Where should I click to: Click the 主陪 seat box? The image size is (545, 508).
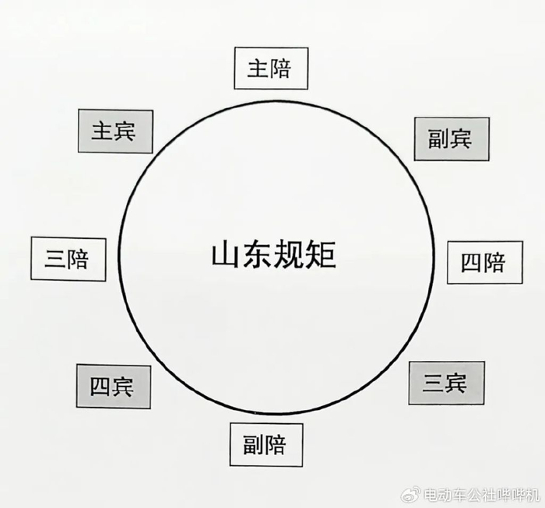click(x=269, y=68)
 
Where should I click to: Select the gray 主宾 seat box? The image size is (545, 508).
click(x=114, y=131)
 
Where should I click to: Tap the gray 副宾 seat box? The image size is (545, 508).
click(x=451, y=139)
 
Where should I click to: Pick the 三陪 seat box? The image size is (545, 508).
click(x=66, y=258)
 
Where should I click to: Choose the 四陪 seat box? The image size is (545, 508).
click(x=483, y=262)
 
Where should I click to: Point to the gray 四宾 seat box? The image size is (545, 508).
click(x=113, y=386)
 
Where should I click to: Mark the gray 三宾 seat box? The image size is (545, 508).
click(x=445, y=383)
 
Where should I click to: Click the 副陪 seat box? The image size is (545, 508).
click(x=265, y=445)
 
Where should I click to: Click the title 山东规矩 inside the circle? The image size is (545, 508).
click(x=273, y=255)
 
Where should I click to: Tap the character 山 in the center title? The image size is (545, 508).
click(x=226, y=255)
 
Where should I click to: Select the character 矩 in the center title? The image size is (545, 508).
click(x=320, y=255)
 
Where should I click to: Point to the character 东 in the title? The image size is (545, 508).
click(x=257, y=255)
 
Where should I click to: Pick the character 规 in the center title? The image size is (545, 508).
click(x=289, y=255)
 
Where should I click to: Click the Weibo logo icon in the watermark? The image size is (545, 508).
click(x=410, y=495)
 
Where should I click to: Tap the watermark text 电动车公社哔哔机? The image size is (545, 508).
click(x=477, y=495)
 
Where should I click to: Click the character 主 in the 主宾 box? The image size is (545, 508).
click(x=103, y=131)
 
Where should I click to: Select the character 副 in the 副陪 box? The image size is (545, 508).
click(x=253, y=445)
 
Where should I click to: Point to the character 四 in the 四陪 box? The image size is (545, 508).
click(x=472, y=262)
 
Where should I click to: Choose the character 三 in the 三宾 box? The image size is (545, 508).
click(x=434, y=383)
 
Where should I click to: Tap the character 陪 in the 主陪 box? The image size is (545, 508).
click(x=281, y=68)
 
